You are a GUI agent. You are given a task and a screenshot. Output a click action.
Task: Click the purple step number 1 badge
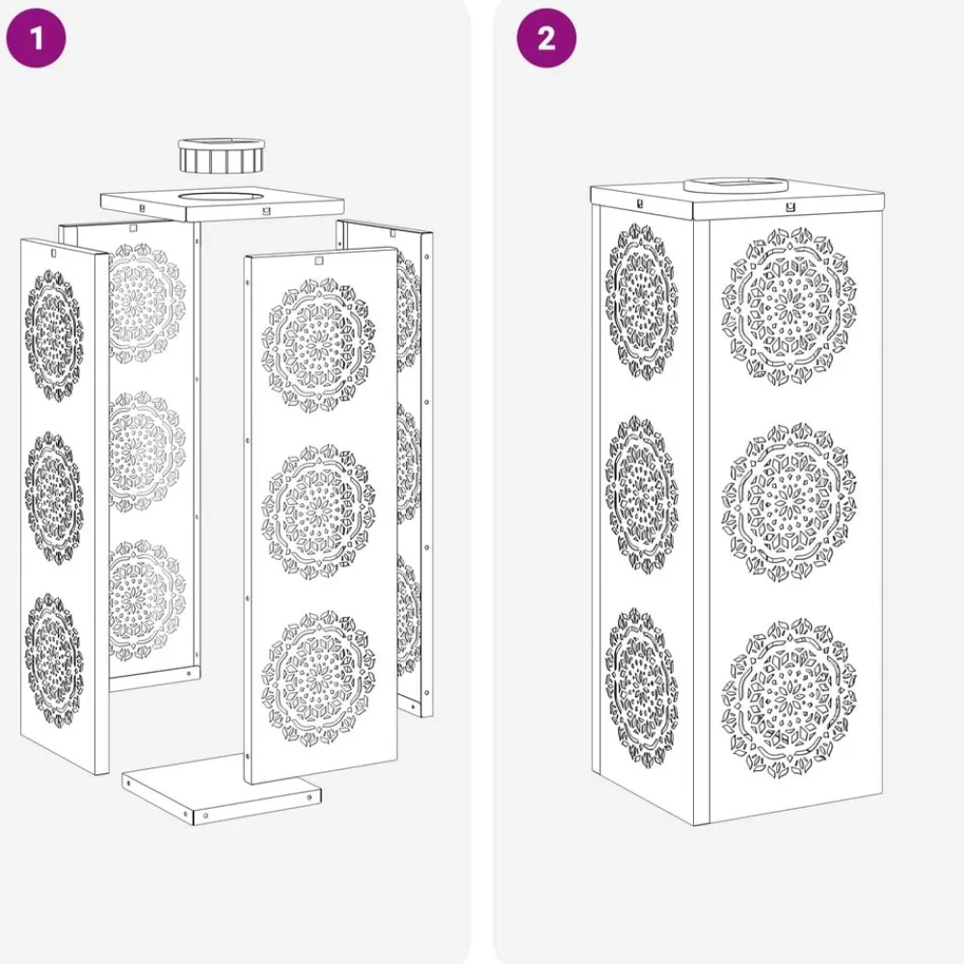[x=36, y=39]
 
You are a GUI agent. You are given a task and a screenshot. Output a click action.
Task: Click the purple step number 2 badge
[x=546, y=39]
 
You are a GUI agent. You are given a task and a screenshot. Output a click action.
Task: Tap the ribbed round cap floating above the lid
[x=222, y=156]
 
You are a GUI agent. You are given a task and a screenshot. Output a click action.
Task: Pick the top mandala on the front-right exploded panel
[x=318, y=345]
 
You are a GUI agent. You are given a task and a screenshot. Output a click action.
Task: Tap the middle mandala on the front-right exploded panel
[x=318, y=512]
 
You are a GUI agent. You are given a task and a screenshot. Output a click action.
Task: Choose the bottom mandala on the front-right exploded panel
[x=318, y=678]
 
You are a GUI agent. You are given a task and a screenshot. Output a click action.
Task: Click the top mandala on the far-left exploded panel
[x=54, y=335]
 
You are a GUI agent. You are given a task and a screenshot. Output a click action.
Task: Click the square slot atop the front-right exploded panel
[x=318, y=260]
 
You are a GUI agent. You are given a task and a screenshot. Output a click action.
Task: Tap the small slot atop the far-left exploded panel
[x=53, y=254]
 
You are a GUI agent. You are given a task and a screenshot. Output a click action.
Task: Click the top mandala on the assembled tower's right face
[x=789, y=307]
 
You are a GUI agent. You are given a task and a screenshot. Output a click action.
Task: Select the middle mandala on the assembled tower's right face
[x=789, y=501]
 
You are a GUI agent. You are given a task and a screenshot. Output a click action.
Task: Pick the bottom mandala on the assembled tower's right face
[x=789, y=698]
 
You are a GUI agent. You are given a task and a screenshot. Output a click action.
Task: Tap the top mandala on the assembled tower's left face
[x=641, y=301]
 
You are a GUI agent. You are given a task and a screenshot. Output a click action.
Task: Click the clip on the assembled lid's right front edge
[x=791, y=208]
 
